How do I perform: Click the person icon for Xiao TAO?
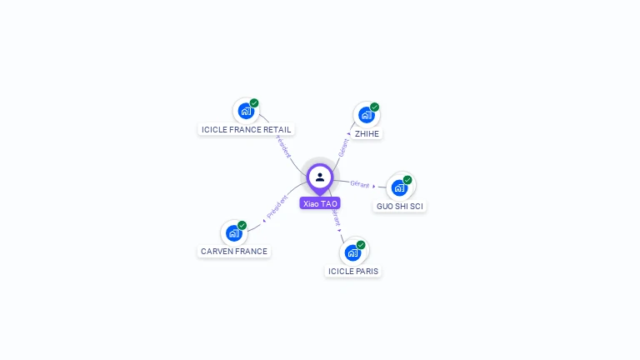tap(320, 177)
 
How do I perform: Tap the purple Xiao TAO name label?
tap(320, 203)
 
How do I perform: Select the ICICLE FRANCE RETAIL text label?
tap(247, 129)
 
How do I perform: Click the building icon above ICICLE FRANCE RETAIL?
tap(245, 111)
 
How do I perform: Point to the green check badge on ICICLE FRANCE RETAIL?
tap(254, 103)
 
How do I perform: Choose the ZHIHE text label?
tap(367, 133)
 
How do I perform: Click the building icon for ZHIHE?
tap(366, 115)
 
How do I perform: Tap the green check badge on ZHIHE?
tap(375, 107)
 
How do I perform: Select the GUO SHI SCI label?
tap(400, 206)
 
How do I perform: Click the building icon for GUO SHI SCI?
tap(399, 187)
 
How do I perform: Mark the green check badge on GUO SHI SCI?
tap(407, 180)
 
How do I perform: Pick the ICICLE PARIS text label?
tap(353, 271)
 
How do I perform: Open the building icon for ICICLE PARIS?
tap(352, 252)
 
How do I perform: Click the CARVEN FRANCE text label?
tap(234, 251)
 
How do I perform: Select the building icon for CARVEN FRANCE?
tap(234, 233)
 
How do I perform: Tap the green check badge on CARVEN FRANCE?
tap(242, 225)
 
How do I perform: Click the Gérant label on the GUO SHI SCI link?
tap(360, 184)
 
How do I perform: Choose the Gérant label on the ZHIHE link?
tap(343, 147)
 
